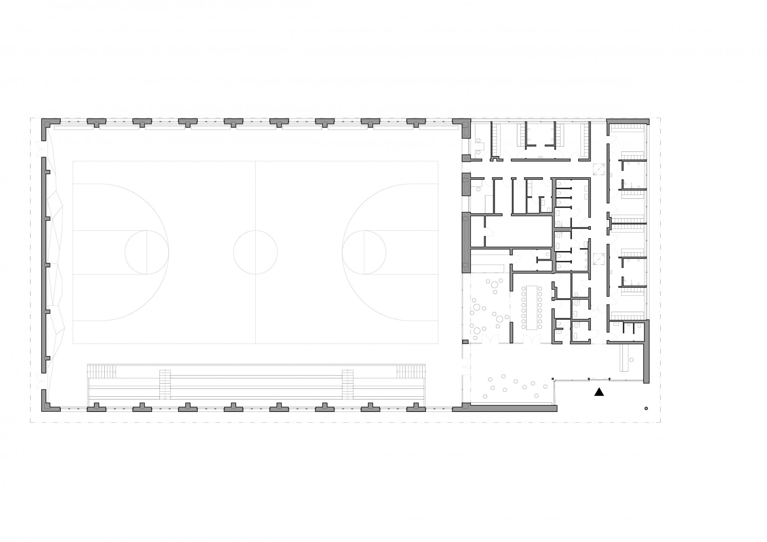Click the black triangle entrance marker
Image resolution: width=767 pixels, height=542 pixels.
click(x=599, y=392)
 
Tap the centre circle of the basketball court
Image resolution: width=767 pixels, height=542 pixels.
click(x=255, y=252)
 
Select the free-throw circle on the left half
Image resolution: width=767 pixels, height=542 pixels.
click(x=147, y=252)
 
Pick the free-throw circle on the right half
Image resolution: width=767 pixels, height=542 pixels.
click(x=364, y=252)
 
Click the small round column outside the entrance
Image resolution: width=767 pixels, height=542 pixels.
click(x=646, y=408)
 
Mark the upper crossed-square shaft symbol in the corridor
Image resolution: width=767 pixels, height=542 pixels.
click(x=599, y=170)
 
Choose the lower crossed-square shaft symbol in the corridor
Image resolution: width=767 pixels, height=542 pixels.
click(x=599, y=259)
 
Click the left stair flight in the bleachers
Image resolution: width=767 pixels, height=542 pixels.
click(x=165, y=384)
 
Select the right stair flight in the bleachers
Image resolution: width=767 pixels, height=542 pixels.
click(x=348, y=384)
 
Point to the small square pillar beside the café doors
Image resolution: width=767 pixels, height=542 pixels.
click(x=465, y=342)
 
